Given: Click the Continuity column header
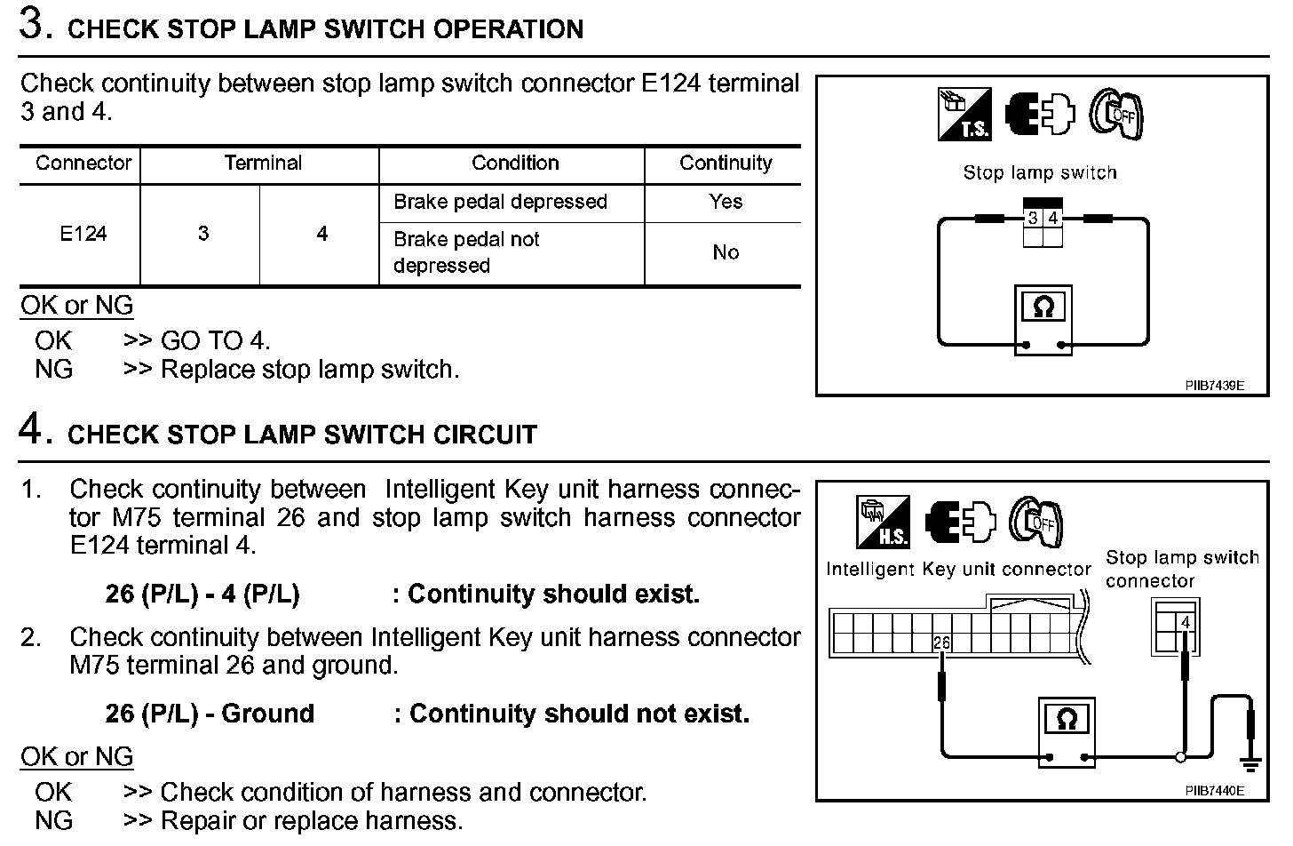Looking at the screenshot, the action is click(x=726, y=164).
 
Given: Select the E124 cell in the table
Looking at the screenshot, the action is click(x=83, y=234).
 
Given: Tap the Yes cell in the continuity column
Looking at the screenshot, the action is click(x=726, y=202).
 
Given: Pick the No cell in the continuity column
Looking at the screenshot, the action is click(x=726, y=252).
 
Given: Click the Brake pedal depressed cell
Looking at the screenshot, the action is click(x=500, y=202).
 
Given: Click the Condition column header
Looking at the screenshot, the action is click(x=515, y=164).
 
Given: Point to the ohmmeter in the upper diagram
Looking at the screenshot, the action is click(x=1043, y=321).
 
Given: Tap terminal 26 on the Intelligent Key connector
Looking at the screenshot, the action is click(x=941, y=642).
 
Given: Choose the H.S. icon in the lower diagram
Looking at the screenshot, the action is click(x=883, y=522).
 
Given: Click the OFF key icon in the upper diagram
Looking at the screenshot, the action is click(x=1116, y=114).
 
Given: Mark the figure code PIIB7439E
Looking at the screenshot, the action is click(x=1214, y=386).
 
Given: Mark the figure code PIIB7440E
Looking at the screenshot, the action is click(x=1214, y=790).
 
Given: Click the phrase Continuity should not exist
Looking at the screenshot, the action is click(x=579, y=714).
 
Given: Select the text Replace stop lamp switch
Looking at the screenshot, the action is click(x=310, y=370).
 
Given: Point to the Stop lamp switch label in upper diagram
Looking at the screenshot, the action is click(x=1040, y=173).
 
